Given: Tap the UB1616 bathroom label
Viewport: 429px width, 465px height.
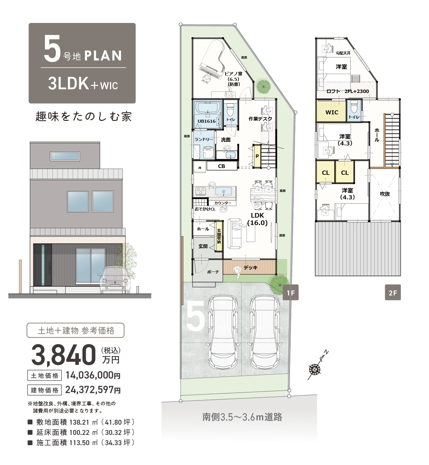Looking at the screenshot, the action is (x=206, y=121).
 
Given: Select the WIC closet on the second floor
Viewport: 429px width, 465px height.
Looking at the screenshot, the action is (x=331, y=111).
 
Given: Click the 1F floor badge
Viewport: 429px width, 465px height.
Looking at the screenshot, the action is (x=291, y=292).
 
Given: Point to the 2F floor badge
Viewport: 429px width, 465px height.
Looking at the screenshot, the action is (x=393, y=292).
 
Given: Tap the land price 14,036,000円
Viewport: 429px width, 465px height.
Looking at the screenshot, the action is (x=93, y=375).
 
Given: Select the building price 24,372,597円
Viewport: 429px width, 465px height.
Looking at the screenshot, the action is (x=93, y=390).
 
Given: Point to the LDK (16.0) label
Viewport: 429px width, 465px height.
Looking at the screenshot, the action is (x=257, y=219).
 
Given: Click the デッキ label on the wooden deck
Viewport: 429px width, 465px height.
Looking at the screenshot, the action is (x=250, y=268).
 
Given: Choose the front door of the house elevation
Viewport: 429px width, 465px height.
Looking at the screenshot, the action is (x=42, y=265).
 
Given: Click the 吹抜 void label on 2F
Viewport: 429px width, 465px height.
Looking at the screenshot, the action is (x=384, y=194).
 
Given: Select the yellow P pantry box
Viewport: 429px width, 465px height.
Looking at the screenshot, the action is (x=257, y=156).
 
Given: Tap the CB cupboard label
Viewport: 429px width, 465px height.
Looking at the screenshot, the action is (x=221, y=166).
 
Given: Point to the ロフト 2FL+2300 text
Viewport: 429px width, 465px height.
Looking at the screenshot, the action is (x=348, y=91).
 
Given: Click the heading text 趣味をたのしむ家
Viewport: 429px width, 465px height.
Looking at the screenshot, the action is (x=84, y=116).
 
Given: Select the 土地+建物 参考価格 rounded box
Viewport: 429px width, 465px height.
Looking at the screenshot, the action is (x=76, y=330).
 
